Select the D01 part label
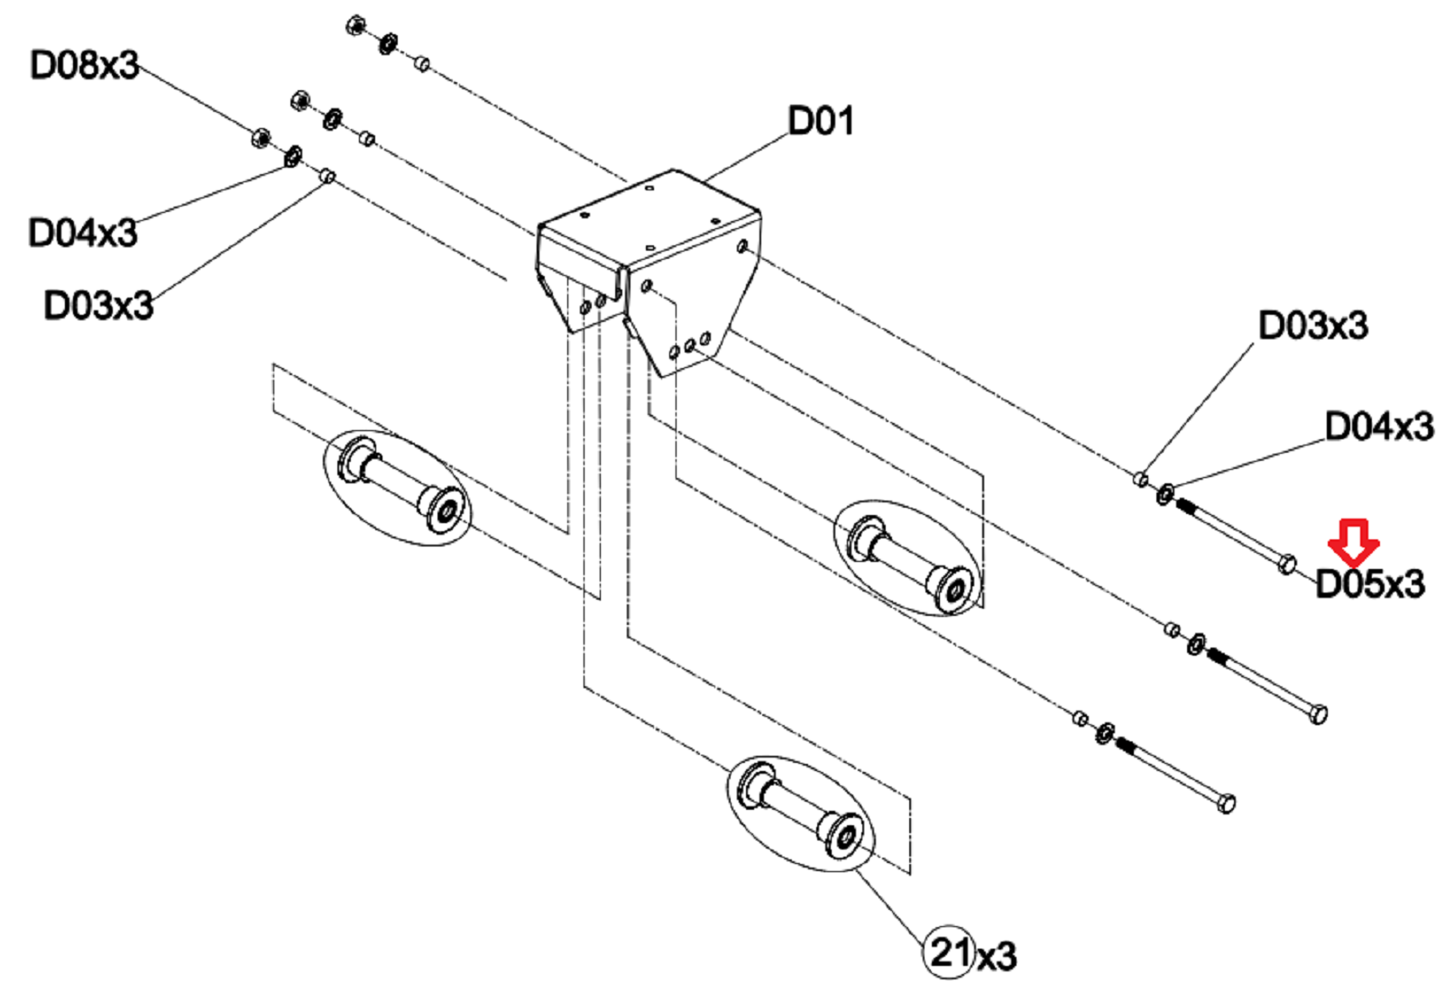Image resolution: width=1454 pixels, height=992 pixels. click(821, 121)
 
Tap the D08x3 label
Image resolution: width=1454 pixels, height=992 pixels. click(85, 65)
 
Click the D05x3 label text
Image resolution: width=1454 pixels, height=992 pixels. click(1369, 583)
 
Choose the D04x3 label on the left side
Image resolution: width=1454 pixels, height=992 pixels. click(82, 233)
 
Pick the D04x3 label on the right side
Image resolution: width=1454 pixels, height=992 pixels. click(1379, 427)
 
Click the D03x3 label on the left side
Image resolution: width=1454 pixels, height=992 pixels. click(98, 304)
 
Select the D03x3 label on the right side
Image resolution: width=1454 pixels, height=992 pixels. click(1313, 325)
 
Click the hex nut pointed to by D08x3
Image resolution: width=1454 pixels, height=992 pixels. click(261, 137)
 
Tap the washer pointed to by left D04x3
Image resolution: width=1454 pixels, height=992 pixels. click(293, 156)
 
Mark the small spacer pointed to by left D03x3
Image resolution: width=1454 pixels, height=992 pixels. click(327, 175)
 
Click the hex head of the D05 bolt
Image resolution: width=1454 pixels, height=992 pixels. click(1286, 563)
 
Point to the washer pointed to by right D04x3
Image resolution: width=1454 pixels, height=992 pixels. click(1164, 493)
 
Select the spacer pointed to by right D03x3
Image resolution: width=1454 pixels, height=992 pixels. click(1140, 480)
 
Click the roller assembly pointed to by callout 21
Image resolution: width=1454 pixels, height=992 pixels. click(801, 813)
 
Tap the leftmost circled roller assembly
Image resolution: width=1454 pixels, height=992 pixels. click(397, 487)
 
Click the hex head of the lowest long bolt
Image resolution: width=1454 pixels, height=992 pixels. click(1226, 804)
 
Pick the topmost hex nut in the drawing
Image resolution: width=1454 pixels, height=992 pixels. click(355, 25)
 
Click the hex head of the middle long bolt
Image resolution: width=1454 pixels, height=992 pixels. click(1318, 714)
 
